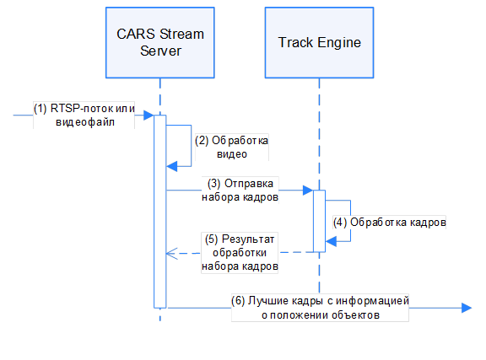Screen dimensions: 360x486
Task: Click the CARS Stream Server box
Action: (x=159, y=43)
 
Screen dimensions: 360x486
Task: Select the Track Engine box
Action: (x=319, y=43)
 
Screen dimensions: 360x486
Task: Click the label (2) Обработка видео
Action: (x=231, y=147)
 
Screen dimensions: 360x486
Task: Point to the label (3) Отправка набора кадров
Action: (x=240, y=191)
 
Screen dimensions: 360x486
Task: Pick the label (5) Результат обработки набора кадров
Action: (x=240, y=251)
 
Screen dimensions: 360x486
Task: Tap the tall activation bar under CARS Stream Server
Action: (x=159, y=211)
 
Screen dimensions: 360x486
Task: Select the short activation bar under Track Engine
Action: (x=320, y=220)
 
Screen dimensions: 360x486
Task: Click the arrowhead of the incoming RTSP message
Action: (x=148, y=115)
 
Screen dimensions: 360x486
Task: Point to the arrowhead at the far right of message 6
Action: (x=466, y=309)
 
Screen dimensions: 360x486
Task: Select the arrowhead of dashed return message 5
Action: (x=171, y=251)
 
